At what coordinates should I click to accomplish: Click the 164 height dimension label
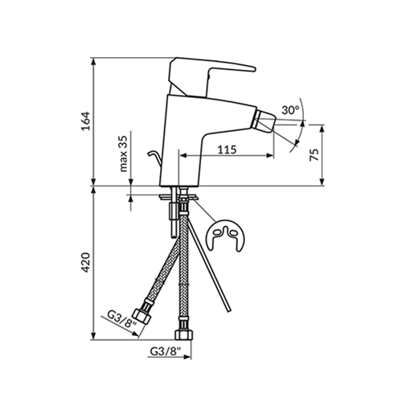[x=86, y=121]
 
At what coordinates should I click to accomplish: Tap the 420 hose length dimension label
[x=86, y=263]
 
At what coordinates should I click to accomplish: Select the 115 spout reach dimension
[x=227, y=150]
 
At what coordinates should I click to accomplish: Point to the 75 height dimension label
[x=314, y=154]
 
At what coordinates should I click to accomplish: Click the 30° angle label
[x=290, y=110]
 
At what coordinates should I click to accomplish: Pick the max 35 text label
[x=124, y=154]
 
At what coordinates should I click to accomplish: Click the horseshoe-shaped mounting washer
[x=224, y=236]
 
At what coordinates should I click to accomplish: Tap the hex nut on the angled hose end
[x=142, y=317]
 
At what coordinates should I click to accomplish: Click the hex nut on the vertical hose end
[x=183, y=334]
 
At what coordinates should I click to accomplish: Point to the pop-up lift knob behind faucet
[x=155, y=159]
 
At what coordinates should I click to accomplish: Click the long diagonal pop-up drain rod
[x=209, y=264]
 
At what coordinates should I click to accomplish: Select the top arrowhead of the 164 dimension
[x=93, y=62]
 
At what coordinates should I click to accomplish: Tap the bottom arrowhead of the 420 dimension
[x=93, y=336]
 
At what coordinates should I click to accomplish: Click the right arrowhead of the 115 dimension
[x=269, y=155]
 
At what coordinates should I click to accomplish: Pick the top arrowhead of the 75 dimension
[x=322, y=129]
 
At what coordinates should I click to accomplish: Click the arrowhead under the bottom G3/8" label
[x=187, y=357]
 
